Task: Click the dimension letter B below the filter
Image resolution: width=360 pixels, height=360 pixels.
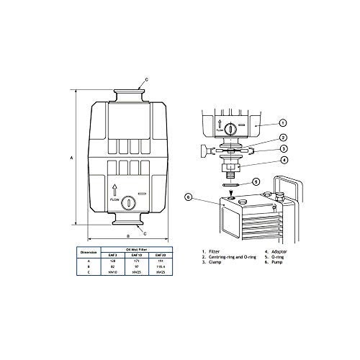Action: pos(127,235)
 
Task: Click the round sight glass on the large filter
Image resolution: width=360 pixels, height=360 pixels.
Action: pos(127,204)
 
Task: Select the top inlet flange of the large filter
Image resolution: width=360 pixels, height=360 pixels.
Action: pos(127,94)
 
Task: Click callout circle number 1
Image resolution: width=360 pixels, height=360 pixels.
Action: pos(282,123)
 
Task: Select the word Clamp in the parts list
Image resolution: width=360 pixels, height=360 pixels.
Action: pos(214,264)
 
